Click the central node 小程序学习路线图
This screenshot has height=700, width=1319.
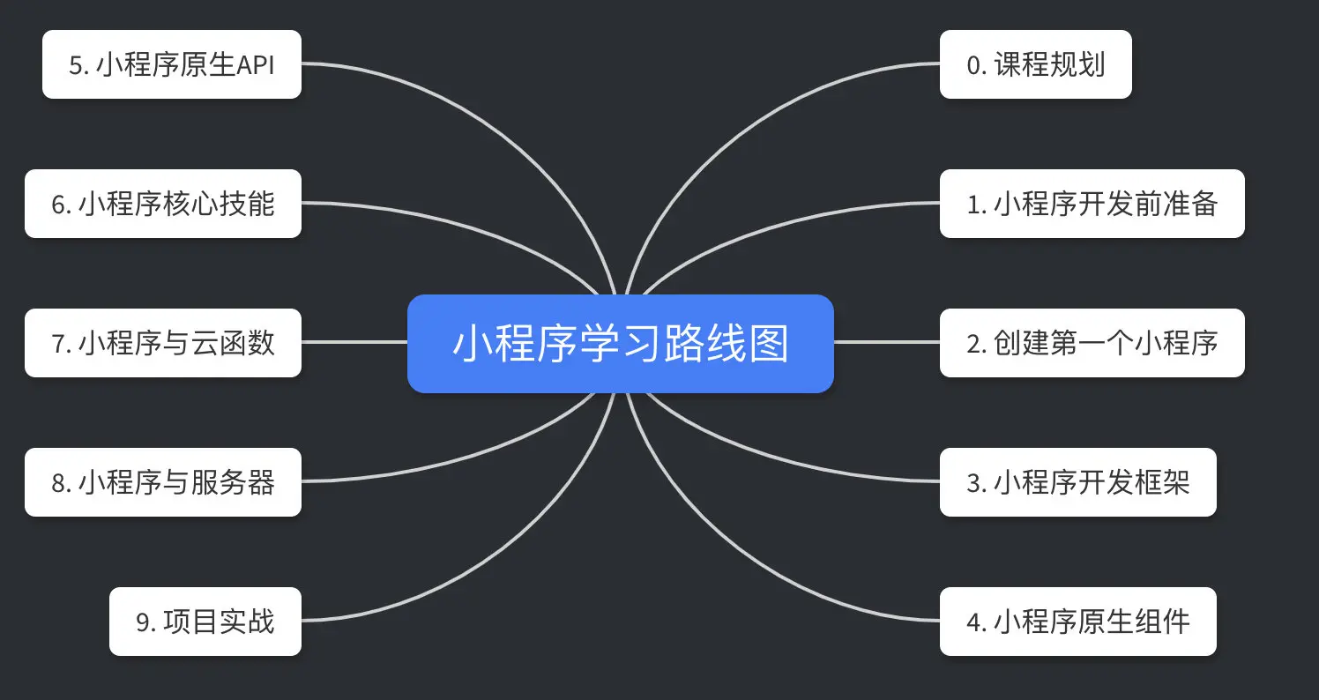(620, 344)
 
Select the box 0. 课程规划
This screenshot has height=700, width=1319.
(1035, 64)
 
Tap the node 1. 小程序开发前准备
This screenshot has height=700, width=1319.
(1092, 204)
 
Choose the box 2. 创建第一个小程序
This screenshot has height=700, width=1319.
(1092, 343)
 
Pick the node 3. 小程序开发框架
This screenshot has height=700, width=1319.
(1077, 482)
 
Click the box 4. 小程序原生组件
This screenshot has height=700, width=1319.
(1077, 622)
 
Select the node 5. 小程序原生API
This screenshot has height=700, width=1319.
(172, 64)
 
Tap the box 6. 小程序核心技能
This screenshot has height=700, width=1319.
(163, 204)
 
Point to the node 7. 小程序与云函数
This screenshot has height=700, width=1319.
(163, 343)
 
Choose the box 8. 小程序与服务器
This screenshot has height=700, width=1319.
(163, 482)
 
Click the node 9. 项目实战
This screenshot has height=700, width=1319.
(205, 622)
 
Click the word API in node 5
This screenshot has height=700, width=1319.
(257, 65)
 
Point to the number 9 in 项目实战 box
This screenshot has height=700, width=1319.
(145, 622)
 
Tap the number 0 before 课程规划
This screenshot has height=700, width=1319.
(974, 65)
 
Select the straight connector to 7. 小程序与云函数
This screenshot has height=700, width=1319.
(353, 342)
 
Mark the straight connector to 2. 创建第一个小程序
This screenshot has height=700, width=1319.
(886, 342)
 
